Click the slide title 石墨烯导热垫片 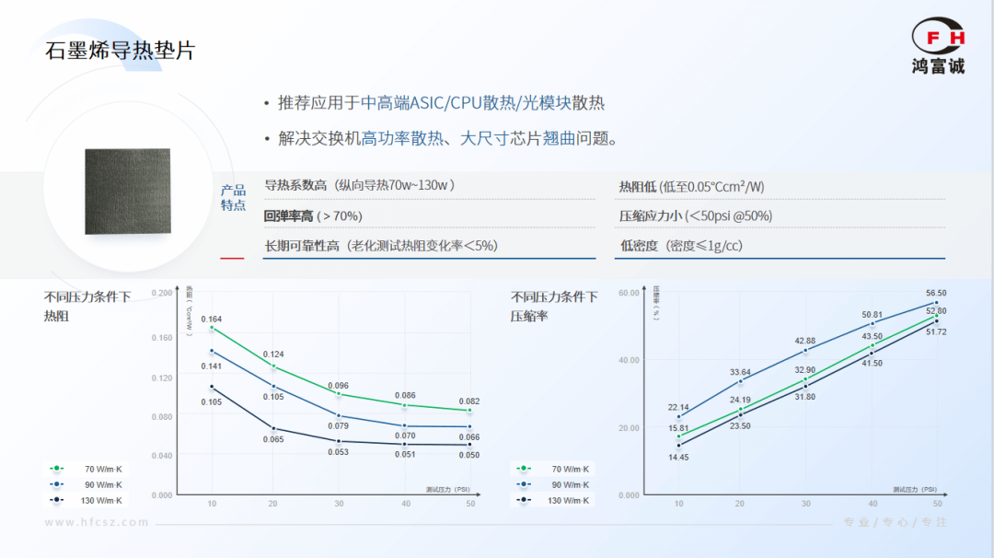[x=121, y=50]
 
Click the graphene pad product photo [x=127, y=190]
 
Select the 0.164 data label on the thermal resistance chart [x=212, y=320]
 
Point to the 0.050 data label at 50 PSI [x=469, y=455]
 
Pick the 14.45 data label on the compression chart [x=678, y=458]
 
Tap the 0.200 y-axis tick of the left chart [x=161, y=293]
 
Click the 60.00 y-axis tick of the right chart [x=629, y=293]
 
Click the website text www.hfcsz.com [x=97, y=522]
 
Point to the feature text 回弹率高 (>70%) [x=313, y=216]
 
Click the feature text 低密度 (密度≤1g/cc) [x=681, y=246]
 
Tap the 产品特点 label [x=233, y=198]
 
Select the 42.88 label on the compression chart [x=805, y=341]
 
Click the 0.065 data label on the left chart [x=273, y=439]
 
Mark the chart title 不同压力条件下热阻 [x=87, y=306]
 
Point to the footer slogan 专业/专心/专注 [x=895, y=522]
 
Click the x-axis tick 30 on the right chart [x=806, y=504]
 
